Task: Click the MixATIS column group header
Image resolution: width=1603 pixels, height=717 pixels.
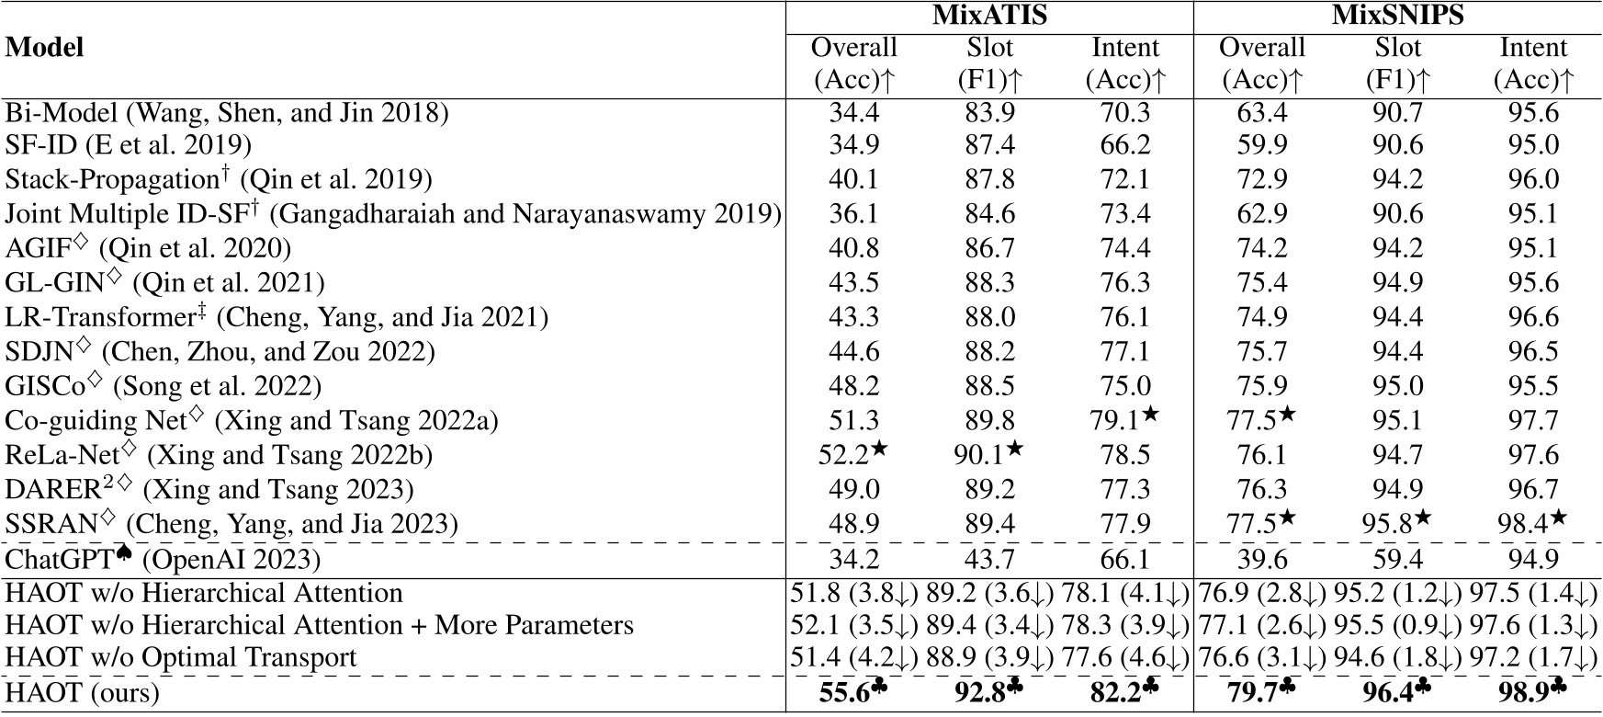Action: click(988, 16)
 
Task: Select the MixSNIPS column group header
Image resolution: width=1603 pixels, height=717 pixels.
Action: click(1397, 16)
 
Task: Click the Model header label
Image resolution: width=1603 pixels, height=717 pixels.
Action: click(44, 48)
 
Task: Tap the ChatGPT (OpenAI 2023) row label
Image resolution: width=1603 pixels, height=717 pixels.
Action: click(163, 559)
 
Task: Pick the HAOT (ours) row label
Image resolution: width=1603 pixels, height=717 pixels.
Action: click(82, 692)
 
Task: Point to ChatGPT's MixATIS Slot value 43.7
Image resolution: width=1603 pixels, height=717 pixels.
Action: click(989, 559)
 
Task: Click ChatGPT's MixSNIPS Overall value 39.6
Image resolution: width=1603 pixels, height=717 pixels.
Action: click(1261, 559)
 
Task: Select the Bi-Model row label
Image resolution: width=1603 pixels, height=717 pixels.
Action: click(227, 113)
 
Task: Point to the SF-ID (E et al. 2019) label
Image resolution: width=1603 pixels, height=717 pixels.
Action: click(128, 145)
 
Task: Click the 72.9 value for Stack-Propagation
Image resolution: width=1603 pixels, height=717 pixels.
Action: click(1261, 179)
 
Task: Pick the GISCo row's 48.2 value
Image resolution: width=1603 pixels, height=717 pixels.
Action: click(853, 386)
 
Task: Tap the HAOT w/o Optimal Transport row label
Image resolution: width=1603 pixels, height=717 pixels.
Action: click(181, 658)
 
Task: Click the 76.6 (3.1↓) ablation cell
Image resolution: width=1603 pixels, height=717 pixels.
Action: click(1261, 658)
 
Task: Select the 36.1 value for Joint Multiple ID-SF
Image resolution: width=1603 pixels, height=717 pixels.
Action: click(853, 214)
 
